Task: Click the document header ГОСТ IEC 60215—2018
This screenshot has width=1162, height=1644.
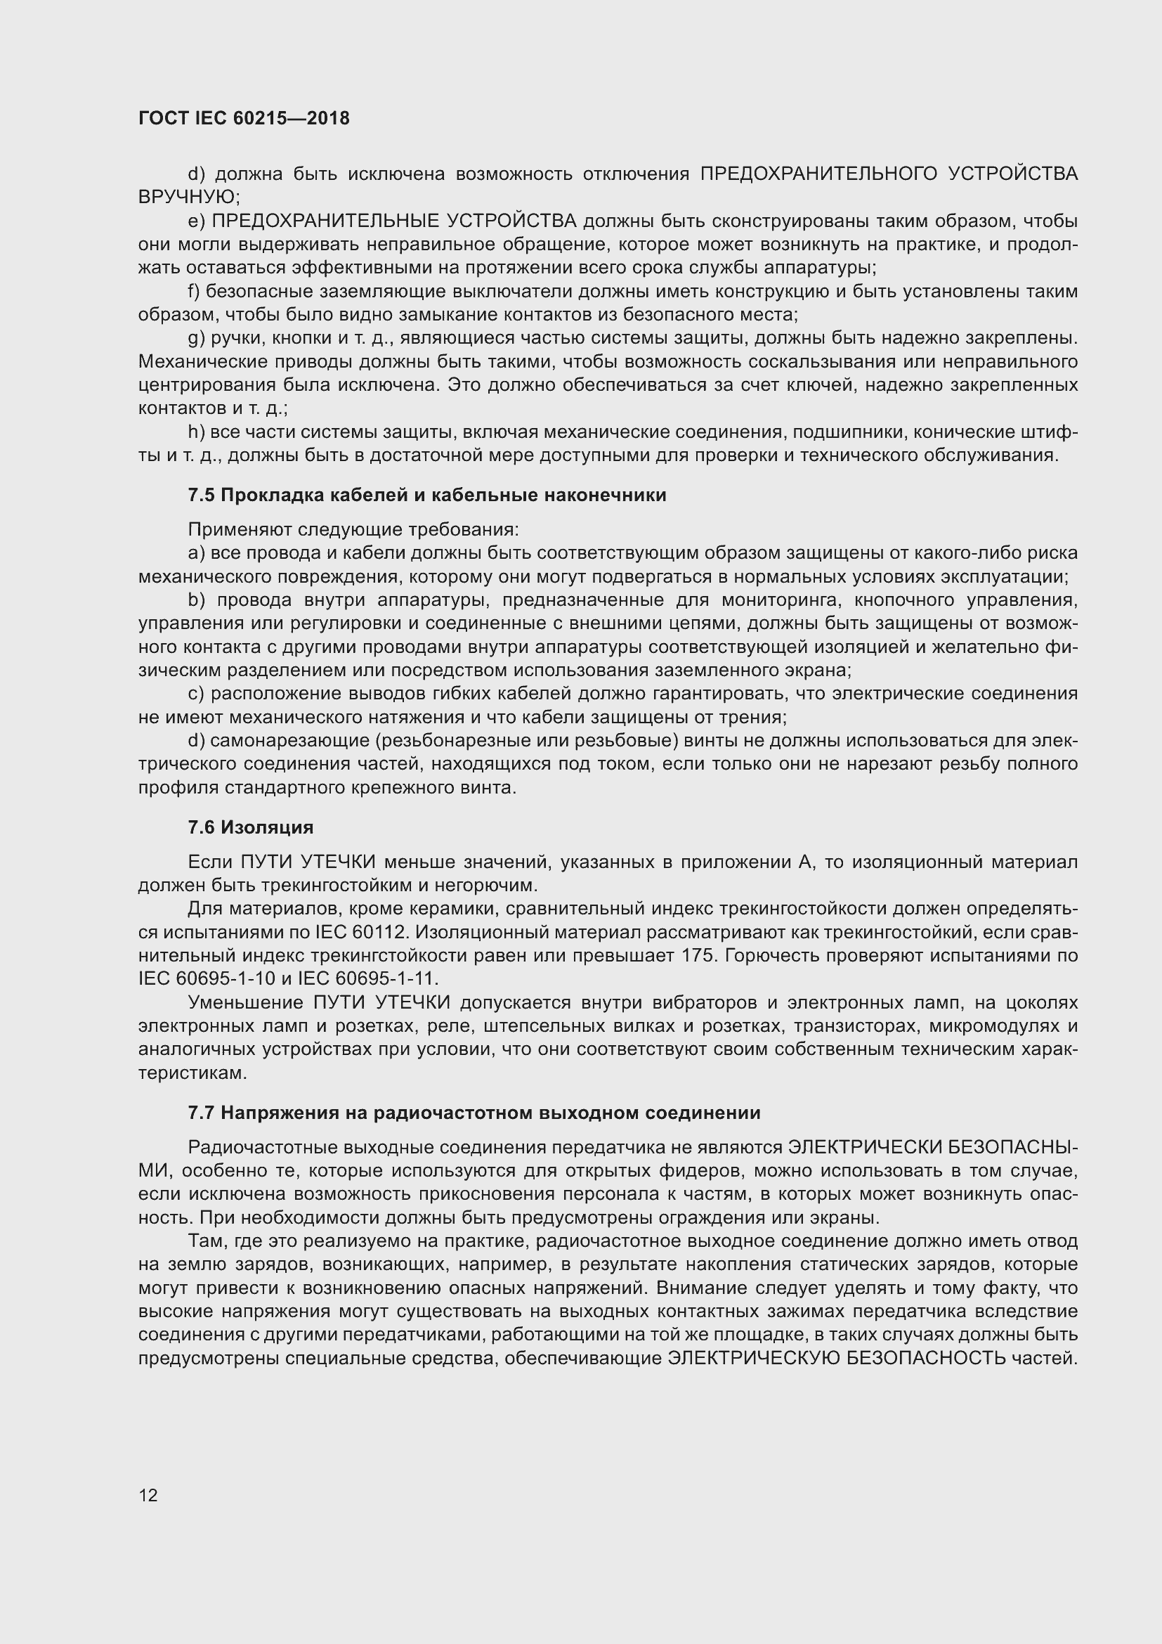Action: coord(244,119)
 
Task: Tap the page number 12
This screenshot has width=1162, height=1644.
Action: coord(148,1495)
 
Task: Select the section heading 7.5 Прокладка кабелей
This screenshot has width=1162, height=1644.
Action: coord(426,496)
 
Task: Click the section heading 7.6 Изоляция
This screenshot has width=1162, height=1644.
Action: coord(250,828)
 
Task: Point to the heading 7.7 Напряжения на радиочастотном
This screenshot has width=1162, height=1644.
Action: coord(474,1113)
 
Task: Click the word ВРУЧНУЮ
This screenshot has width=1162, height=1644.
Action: coord(188,197)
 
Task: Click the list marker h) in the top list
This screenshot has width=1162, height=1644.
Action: coord(196,432)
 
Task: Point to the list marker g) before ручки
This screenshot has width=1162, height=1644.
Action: coord(196,338)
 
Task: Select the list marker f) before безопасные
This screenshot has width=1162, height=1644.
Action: coord(194,292)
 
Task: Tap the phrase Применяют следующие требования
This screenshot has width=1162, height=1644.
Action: coord(353,530)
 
